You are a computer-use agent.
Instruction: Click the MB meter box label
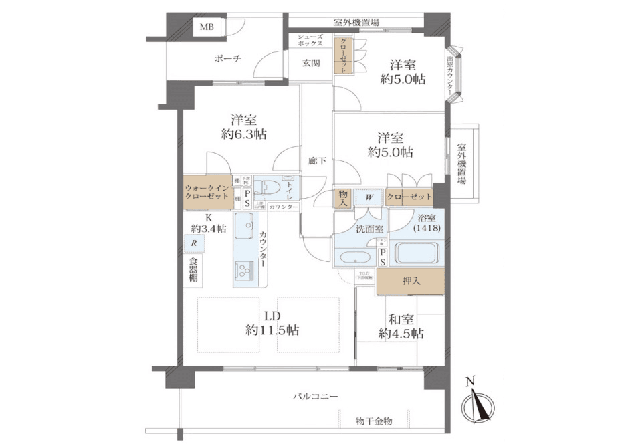(x=206, y=27)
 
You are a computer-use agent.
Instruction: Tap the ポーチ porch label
(x=228, y=58)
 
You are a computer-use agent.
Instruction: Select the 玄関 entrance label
(x=310, y=64)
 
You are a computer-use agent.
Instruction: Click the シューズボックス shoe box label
(x=310, y=42)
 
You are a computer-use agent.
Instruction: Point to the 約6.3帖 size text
(x=244, y=134)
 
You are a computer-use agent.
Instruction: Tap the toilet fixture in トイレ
(x=266, y=187)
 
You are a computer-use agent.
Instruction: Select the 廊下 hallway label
(x=316, y=160)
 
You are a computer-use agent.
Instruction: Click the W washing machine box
(x=369, y=197)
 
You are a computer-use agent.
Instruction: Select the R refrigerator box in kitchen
(x=194, y=244)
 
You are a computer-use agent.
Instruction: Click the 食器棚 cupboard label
(x=193, y=269)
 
